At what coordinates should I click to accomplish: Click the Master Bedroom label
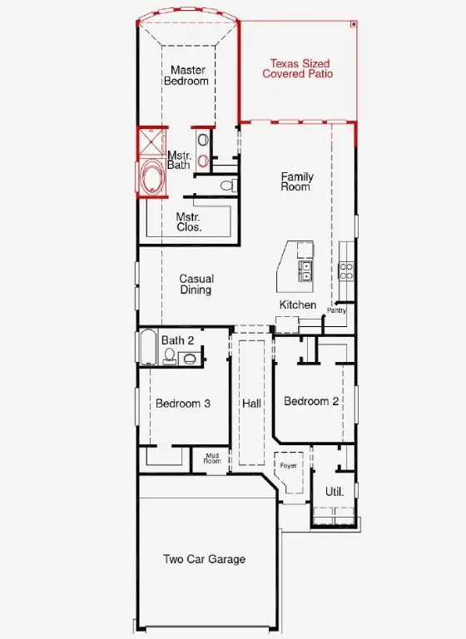tap(189, 76)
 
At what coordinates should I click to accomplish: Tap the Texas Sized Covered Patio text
tap(298, 68)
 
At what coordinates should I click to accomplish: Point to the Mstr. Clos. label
tap(189, 221)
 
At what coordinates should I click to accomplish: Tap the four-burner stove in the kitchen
tap(346, 270)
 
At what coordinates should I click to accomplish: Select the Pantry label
tap(336, 310)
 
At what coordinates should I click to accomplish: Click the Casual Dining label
tap(196, 285)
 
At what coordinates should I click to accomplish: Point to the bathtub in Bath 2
tap(147, 348)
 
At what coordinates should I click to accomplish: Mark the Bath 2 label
tap(177, 340)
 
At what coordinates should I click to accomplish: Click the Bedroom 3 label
tap(182, 404)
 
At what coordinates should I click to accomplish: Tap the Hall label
tap(251, 404)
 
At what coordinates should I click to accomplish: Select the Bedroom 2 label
tap(311, 401)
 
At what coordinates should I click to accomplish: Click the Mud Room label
tap(212, 458)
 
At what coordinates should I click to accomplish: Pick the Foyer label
tap(288, 466)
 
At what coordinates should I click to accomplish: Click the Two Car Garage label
tap(204, 559)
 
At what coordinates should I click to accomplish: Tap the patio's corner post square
tap(354, 25)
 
